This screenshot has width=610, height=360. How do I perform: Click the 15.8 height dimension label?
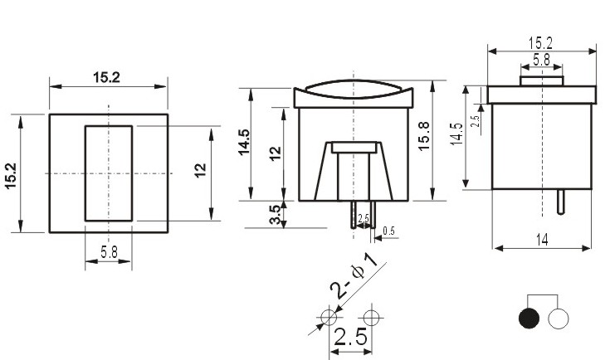pyautogui.click(x=423, y=136)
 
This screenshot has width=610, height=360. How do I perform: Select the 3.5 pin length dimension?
pyautogui.click(x=275, y=214)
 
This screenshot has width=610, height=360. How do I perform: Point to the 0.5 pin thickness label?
pyautogui.click(x=388, y=231)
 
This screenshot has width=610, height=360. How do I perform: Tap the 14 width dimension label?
pyautogui.click(x=542, y=240)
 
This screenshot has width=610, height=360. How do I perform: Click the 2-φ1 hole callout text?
pyautogui.click(x=354, y=276)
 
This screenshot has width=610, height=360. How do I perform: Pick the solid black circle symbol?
pyautogui.click(x=529, y=318)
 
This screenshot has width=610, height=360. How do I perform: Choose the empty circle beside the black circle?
pyautogui.click(x=559, y=318)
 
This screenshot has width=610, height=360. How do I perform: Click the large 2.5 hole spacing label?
pyautogui.click(x=350, y=337)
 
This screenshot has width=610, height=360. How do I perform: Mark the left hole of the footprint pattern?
pyautogui.click(x=329, y=317)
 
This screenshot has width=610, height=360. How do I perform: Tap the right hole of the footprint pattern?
pyautogui.click(x=371, y=317)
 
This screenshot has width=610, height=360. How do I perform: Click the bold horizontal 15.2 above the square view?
pyautogui.click(x=106, y=77)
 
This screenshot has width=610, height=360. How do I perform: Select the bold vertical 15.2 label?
pyautogui.click(x=11, y=176)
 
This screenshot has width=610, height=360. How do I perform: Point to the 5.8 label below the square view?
pyautogui.click(x=109, y=252)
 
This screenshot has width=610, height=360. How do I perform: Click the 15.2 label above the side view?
pyautogui.click(x=541, y=43)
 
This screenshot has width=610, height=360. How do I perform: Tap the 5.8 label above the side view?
pyautogui.click(x=541, y=60)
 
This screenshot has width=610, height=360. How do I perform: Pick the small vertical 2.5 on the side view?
pyautogui.click(x=475, y=121)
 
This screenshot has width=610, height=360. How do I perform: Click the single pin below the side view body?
pyautogui.click(x=560, y=202)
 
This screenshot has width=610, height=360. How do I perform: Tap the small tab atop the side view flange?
pyautogui.click(x=541, y=81)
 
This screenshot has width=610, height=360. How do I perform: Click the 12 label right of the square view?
pyautogui.click(x=200, y=171)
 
